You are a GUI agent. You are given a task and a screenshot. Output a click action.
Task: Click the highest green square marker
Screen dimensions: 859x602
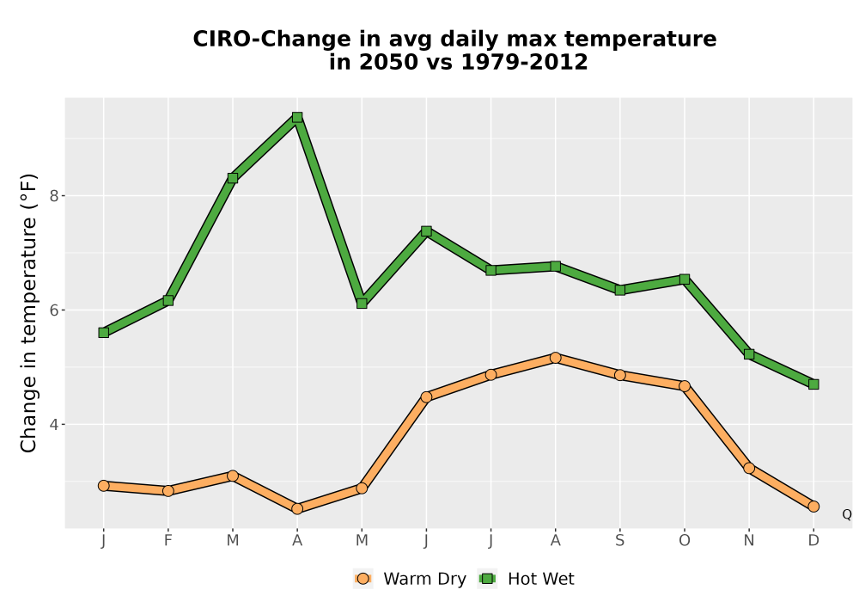(297, 117)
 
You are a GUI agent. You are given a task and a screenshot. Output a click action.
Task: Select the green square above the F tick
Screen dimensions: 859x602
(168, 300)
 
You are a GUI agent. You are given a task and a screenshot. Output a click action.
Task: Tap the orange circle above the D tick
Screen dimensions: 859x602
(813, 507)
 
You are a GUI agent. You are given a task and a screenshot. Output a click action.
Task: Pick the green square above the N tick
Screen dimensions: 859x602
(749, 354)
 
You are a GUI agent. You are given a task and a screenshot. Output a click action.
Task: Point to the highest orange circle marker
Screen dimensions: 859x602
(556, 358)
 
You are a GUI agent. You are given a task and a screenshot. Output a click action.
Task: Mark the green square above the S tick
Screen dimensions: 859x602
(619, 290)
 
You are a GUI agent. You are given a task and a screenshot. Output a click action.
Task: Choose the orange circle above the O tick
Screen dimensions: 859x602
(685, 386)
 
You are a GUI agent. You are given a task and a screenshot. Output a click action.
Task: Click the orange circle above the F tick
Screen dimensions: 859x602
(168, 491)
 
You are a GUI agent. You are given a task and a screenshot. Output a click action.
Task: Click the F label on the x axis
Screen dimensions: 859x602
(168, 541)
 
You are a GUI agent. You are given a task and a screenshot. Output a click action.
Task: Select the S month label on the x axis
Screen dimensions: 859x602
(619, 541)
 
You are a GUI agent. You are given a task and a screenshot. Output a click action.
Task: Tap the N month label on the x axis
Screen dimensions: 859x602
(749, 541)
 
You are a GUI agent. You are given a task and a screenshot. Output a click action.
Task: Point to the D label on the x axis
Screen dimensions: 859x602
(813, 541)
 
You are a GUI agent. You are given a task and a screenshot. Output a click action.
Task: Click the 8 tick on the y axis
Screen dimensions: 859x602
(53, 196)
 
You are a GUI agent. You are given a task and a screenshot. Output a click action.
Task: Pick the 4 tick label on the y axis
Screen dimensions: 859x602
(53, 424)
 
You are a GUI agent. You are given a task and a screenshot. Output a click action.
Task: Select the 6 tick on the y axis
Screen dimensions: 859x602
(53, 310)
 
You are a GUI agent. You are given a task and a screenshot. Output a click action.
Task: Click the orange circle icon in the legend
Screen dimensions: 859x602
(362, 579)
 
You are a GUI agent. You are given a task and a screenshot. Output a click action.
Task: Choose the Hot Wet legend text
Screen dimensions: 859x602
(540, 579)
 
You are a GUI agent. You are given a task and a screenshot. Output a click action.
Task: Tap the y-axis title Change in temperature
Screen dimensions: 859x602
(28, 313)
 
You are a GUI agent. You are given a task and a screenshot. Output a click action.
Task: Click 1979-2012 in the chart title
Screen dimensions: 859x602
(524, 62)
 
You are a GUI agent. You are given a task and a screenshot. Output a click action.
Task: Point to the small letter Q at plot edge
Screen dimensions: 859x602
(847, 514)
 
